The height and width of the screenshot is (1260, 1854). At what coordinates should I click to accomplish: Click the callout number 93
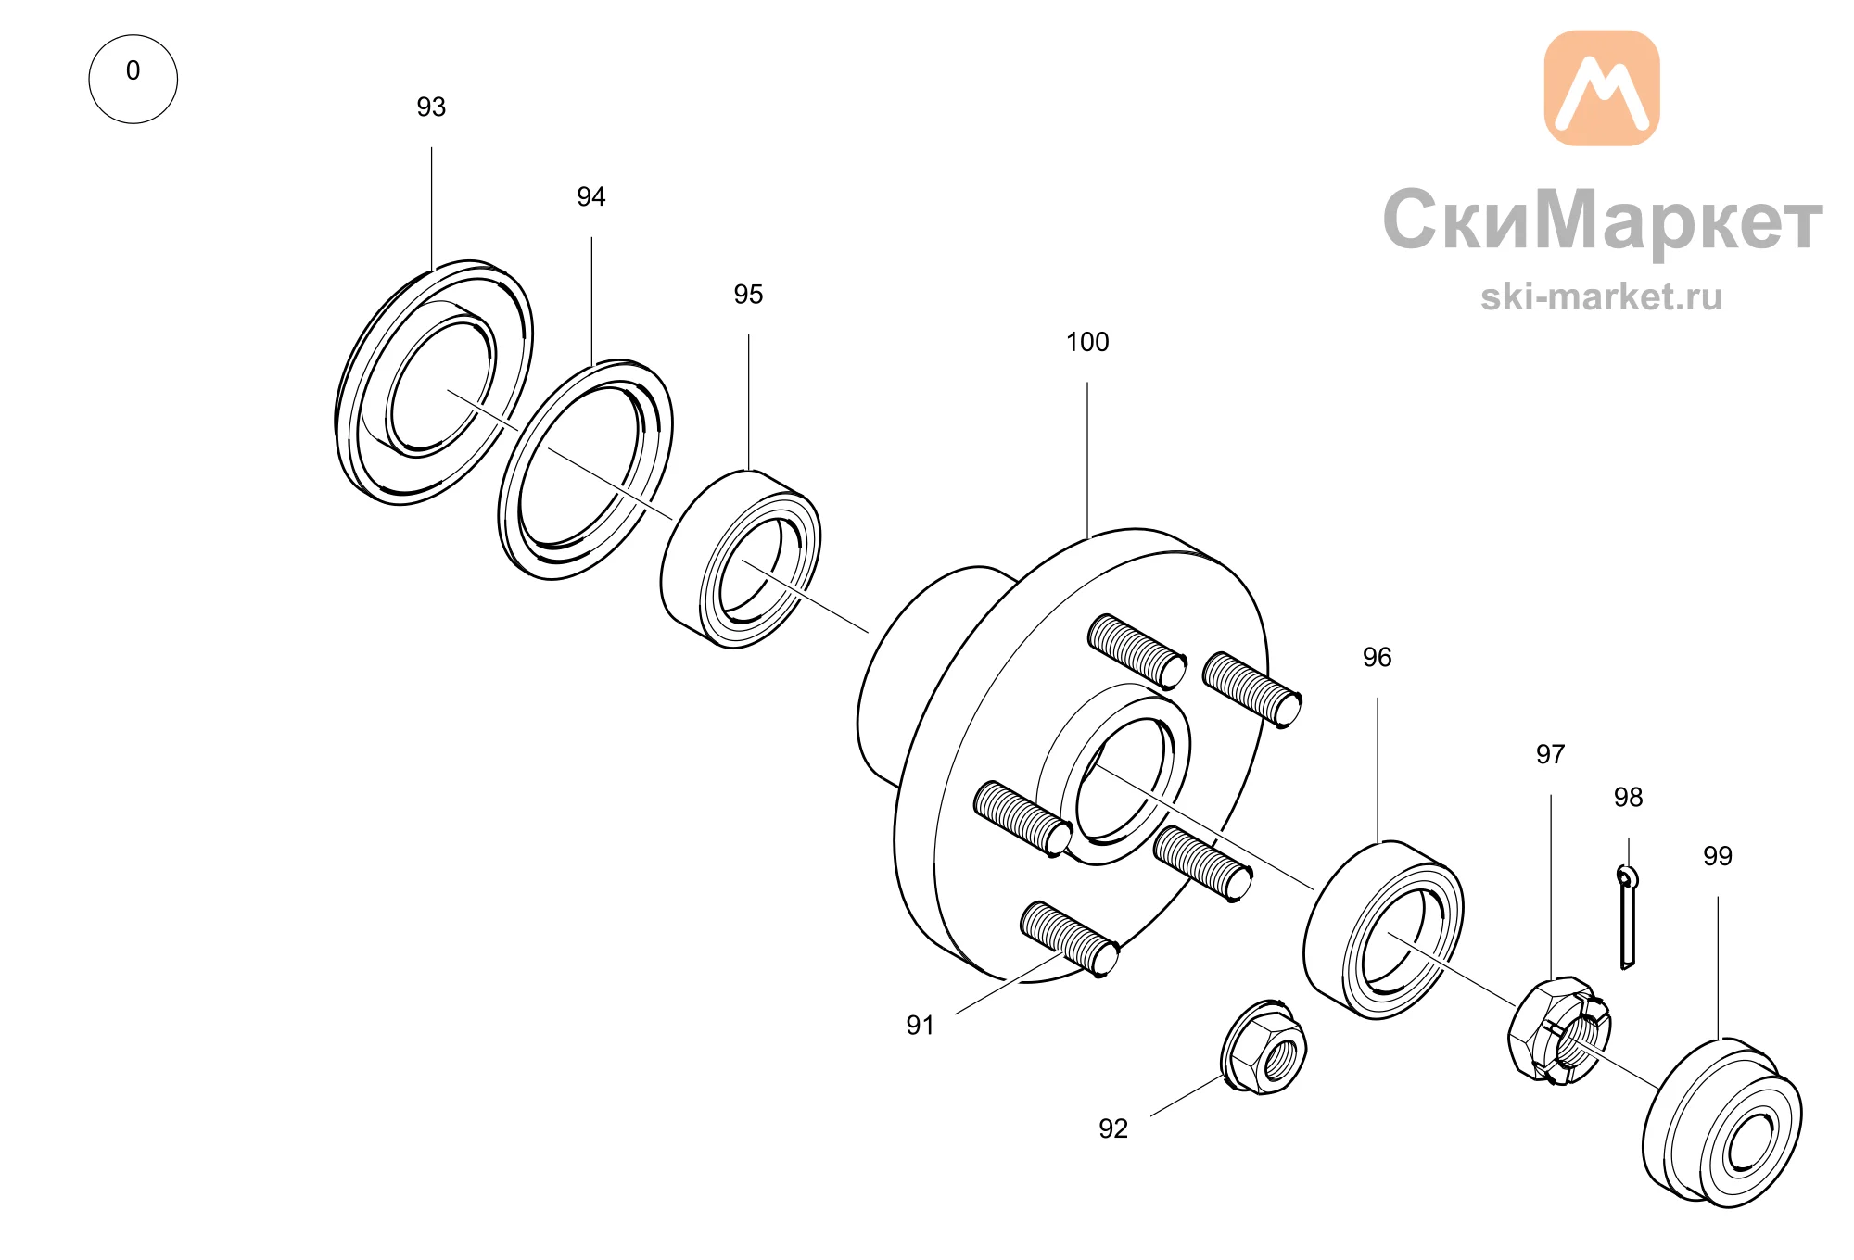[x=431, y=107]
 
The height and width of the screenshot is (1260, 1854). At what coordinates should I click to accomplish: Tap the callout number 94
[x=591, y=197]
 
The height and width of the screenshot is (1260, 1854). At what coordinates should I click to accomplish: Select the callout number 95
[x=748, y=295]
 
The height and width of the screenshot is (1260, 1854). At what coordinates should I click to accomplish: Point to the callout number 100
[x=1087, y=343]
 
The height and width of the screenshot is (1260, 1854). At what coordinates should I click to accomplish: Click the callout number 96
[x=1378, y=658]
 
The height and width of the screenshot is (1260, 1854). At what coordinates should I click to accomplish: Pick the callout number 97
[x=1550, y=755]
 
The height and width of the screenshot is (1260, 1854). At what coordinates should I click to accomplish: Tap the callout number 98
[x=1628, y=798]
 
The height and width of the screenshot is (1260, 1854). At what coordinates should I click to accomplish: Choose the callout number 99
[x=1718, y=857]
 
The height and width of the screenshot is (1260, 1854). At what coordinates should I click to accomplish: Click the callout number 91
[x=921, y=1026]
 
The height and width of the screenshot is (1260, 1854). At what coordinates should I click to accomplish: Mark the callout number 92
[x=1113, y=1129]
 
